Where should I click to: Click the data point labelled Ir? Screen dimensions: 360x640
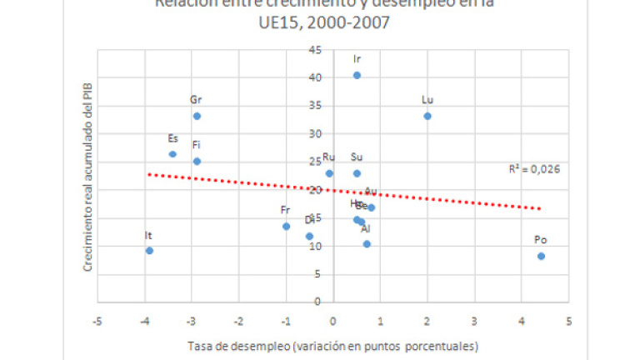(357, 75)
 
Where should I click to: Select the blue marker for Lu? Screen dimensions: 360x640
(427, 116)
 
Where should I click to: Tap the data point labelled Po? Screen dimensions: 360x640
(541, 256)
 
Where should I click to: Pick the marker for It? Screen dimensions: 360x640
(149, 250)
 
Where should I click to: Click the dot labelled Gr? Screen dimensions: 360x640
(197, 116)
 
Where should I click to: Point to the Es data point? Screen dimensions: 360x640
(172, 154)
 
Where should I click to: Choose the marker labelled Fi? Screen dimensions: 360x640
(197, 161)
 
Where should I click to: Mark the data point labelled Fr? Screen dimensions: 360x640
(286, 226)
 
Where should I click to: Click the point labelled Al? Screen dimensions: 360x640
(367, 244)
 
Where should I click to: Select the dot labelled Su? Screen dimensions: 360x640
(357, 173)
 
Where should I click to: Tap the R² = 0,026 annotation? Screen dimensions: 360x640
(535, 168)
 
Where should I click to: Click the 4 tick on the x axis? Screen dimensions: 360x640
(522, 321)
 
